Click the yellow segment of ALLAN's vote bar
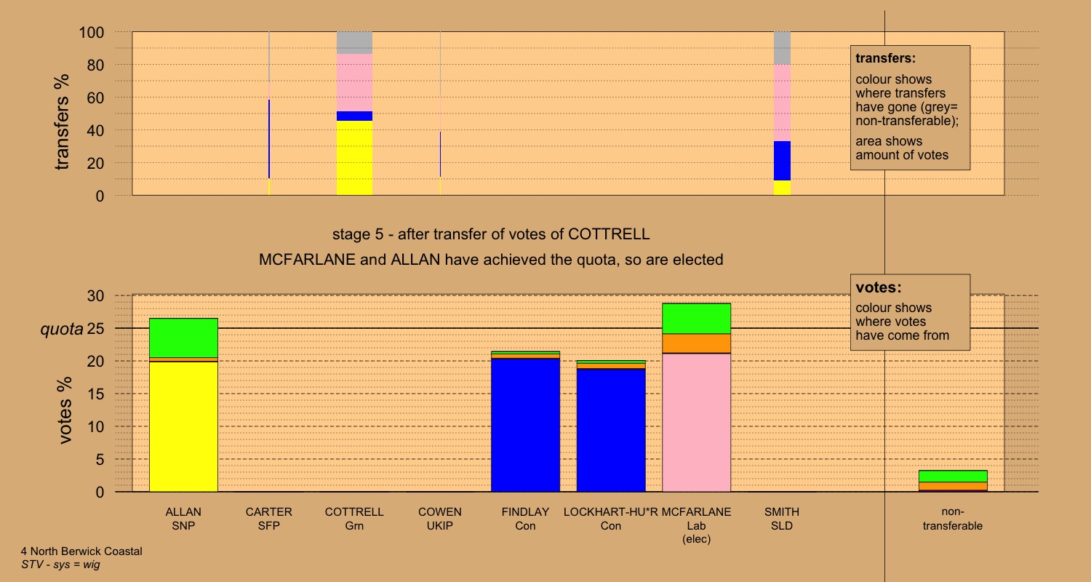point(183,426)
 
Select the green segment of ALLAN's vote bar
point(183,338)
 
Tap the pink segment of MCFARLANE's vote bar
point(696,422)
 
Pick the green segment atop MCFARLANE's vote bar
point(696,318)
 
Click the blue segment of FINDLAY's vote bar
point(525,425)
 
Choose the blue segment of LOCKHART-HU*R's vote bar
point(611,430)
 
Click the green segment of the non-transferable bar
point(952,476)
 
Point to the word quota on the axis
point(61,329)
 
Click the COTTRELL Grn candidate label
point(354,519)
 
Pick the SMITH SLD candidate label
point(782,519)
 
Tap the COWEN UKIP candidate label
point(439,519)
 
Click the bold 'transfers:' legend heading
point(885,58)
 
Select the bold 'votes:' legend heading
point(878,287)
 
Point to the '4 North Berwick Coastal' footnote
point(81,551)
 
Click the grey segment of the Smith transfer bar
point(782,48)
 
